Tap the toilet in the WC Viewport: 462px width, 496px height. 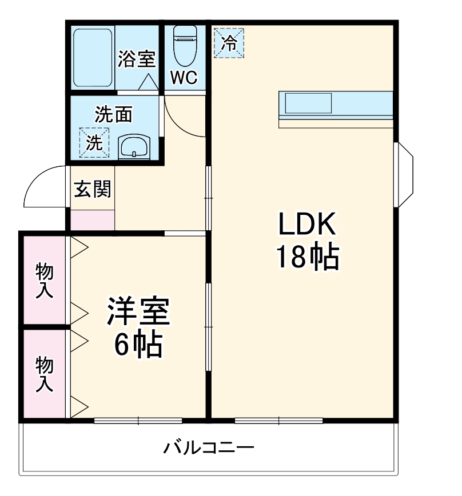[x=185, y=46]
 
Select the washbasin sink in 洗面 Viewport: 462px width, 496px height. [x=134, y=147]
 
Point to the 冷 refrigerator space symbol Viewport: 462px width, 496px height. [x=229, y=43]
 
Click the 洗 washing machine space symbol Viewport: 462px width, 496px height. [x=94, y=141]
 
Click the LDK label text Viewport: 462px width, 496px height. [x=306, y=225]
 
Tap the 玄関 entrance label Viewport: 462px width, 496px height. [x=91, y=188]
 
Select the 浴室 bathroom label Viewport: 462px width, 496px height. [x=137, y=59]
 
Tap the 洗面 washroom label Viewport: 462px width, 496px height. [x=113, y=115]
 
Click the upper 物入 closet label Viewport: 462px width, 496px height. [x=45, y=280]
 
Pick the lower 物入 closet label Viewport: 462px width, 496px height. [x=45, y=374]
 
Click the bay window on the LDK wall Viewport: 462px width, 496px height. [x=405, y=174]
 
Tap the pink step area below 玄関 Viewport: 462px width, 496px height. [x=92, y=220]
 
